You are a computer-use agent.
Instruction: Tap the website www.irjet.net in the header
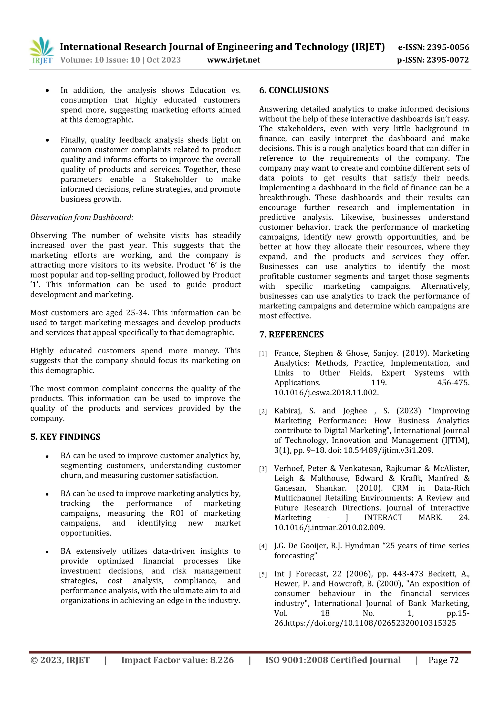coord(233,60)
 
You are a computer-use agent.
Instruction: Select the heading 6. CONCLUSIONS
coord(294,90)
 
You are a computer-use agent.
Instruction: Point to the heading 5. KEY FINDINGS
coord(65,437)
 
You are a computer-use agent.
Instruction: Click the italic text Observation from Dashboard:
coord(82,217)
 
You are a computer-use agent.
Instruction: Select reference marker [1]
coord(263,354)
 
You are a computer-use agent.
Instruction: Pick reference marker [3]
coord(263,469)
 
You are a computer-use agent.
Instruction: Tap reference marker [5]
coord(263,574)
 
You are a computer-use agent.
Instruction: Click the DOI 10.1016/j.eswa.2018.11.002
coord(326,393)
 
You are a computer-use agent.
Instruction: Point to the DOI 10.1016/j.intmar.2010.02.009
coord(329,527)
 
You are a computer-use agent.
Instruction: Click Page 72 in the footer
coord(443,660)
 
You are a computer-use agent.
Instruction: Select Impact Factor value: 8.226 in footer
coord(177,660)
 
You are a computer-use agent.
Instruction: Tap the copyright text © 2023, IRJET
coord(60,660)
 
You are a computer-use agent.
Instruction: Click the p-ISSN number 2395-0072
coord(447,60)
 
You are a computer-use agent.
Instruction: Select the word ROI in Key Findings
coord(177,513)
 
